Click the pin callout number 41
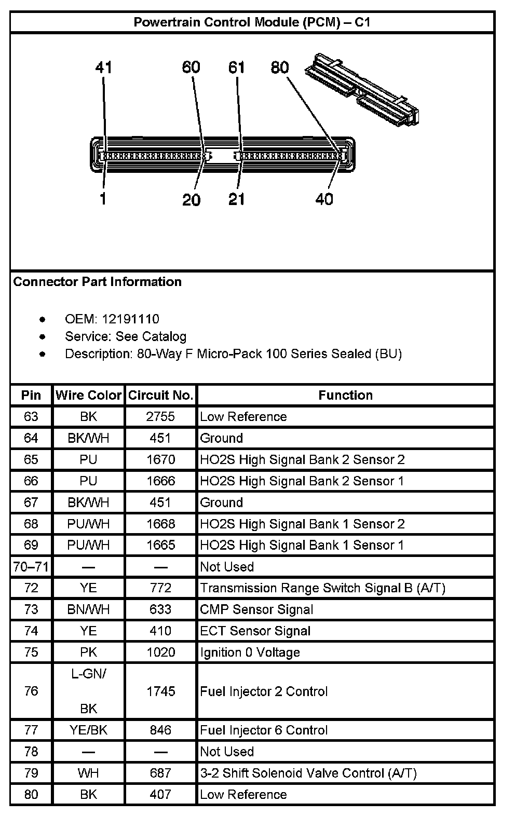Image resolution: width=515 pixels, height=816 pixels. click(x=104, y=67)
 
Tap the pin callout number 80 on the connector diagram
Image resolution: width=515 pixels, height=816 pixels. click(x=280, y=67)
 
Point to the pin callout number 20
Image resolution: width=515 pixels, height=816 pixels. click(x=192, y=200)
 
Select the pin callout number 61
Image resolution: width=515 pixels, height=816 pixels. click(x=237, y=67)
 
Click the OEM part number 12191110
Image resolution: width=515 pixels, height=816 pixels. click(x=130, y=319)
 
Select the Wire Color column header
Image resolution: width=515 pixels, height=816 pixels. click(x=88, y=396)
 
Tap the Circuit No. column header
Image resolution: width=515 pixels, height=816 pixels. click(x=161, y=396)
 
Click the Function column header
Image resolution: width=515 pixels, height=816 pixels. click(x=345, y=396)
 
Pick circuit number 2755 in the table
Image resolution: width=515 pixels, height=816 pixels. click(x=161, y=417)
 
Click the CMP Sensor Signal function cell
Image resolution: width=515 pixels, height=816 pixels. click(x=256, y=609)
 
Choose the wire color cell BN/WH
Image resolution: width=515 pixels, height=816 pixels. click(x=88, y=609)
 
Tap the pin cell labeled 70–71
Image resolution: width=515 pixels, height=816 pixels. click(x=31, y=567)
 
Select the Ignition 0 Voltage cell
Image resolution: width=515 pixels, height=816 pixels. click(x=250, y=652)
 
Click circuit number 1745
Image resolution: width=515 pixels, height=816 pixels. click(x=161, y=691)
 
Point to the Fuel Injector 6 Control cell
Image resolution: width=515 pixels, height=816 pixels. click(x=264, y=730)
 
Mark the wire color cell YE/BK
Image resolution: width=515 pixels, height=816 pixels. click(x=88, y=730)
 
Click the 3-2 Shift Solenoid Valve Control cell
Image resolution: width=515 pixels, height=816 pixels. click(x=308, y=773)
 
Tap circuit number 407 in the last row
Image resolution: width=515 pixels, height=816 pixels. click(x=161, y=795)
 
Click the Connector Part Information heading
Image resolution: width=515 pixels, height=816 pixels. click(x=98, y=282)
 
